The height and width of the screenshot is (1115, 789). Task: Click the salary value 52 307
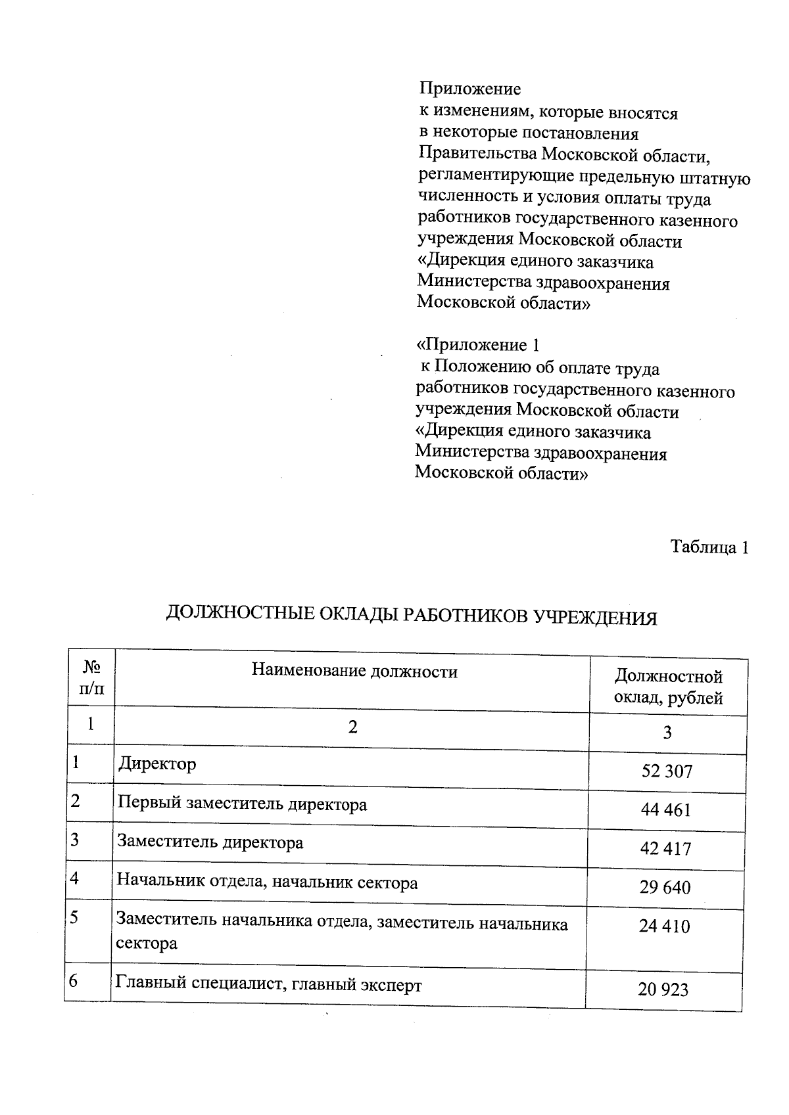point(667,771)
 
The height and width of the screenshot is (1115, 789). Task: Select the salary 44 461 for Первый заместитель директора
point(666,809)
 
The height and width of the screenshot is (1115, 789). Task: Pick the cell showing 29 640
point(665,888)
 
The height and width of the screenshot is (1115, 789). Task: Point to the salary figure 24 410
point(664,926)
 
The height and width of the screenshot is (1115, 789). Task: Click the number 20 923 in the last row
point(663,989)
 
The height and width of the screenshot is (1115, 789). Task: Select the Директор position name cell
point(157,764)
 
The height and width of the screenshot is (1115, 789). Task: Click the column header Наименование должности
point(354,671)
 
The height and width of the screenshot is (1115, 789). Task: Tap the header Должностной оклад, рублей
point(668,687)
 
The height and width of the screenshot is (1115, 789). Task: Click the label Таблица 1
point(709,547)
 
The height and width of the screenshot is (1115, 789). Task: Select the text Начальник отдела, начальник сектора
point(267,882)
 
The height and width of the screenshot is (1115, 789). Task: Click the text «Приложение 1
point(478,345)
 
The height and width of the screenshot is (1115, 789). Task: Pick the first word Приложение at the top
point(470,89)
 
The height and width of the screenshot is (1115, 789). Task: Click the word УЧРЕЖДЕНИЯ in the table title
point(594,618)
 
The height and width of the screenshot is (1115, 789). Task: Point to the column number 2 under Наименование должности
point(353,727)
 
